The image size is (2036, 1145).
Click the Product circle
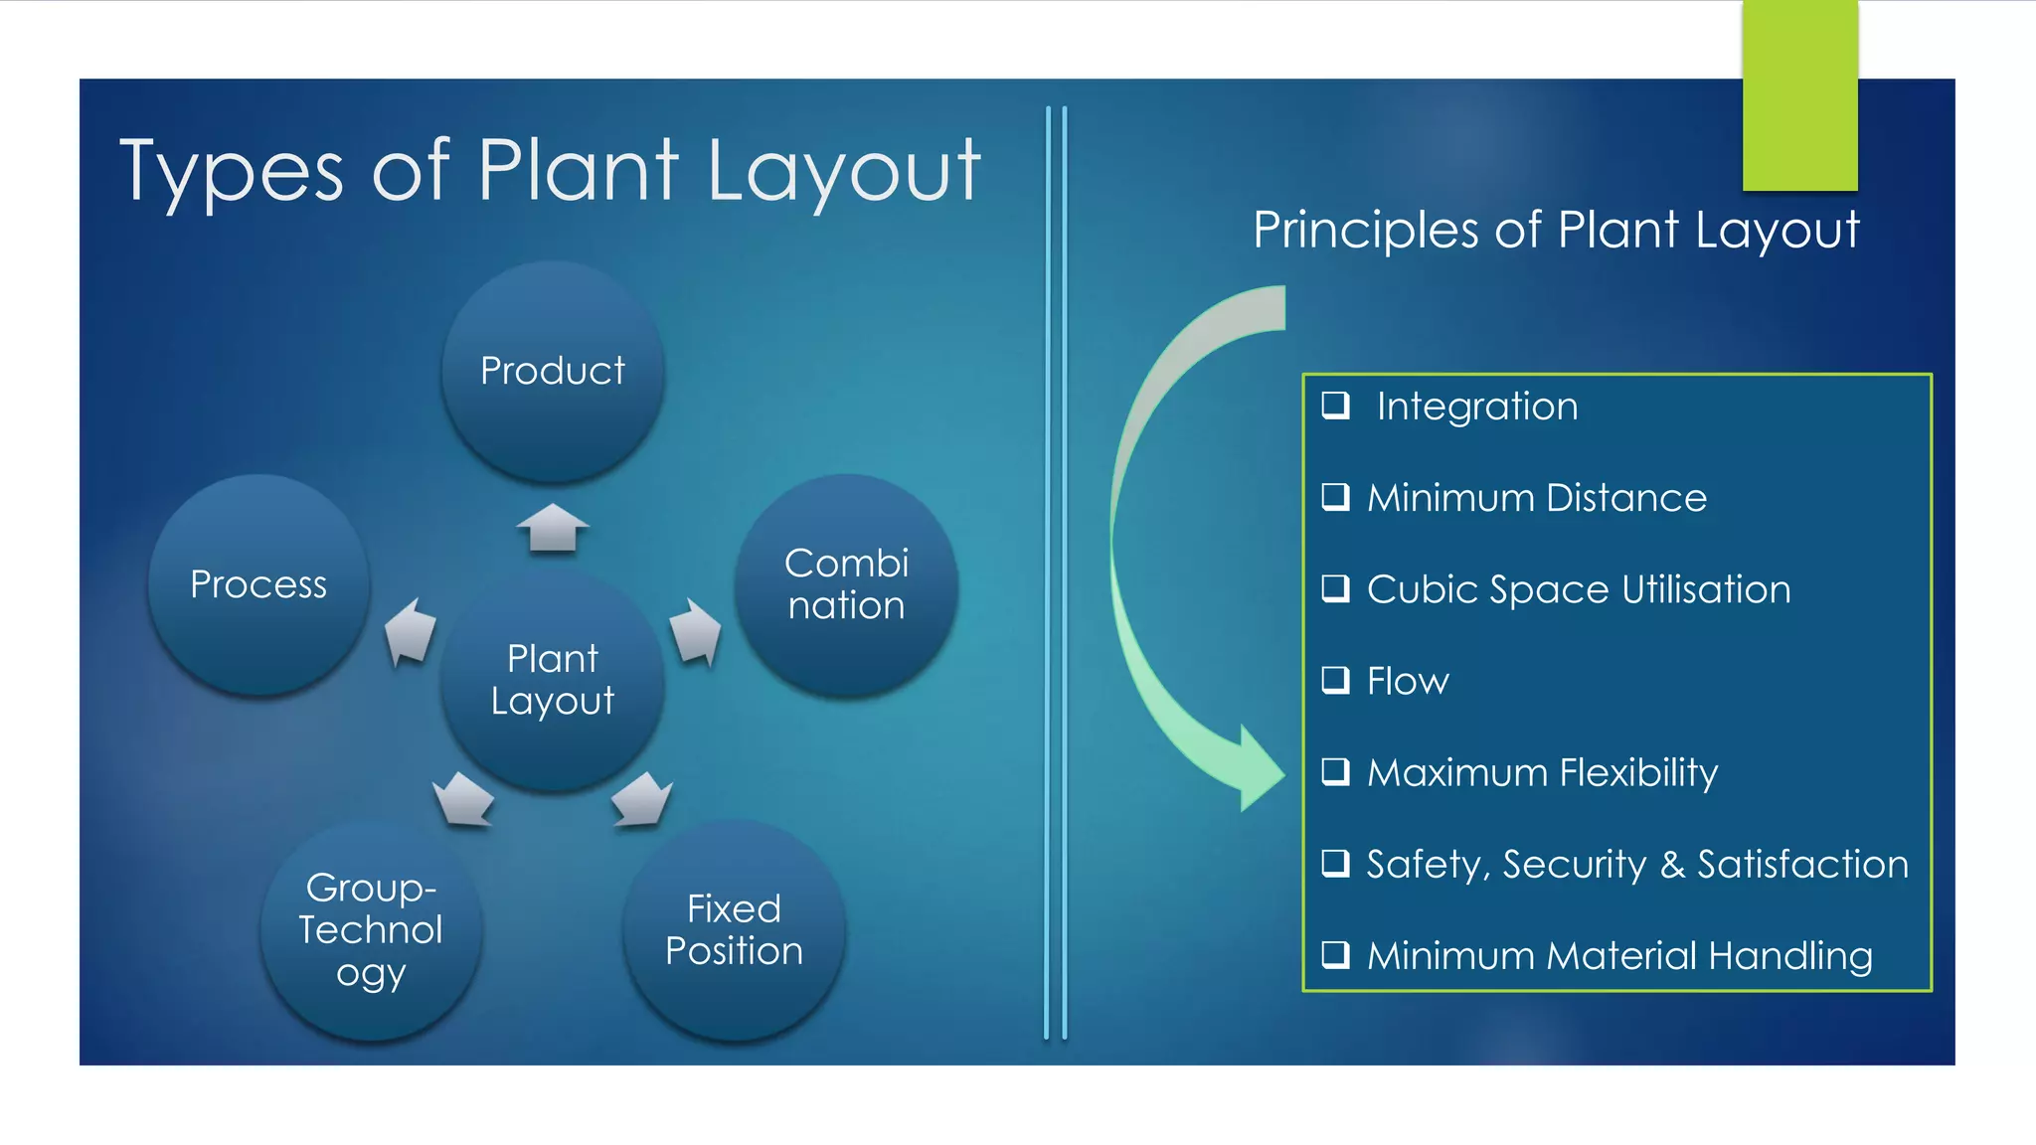(x=553, y=372)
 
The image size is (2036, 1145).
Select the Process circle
(x=258, y=584)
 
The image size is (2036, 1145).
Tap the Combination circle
(x=846, y=584)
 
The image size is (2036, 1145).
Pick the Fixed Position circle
(x=734, y=930)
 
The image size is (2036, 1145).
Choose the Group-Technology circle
(x=371, y=930)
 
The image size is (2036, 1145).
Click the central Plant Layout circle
(x=553, y=680)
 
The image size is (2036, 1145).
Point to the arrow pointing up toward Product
(x=553, y=527)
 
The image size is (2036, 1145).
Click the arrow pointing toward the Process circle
(x=411, y=632)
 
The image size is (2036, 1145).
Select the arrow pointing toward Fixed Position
(x=642, y=799)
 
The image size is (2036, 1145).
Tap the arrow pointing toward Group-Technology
(x=463, y=799)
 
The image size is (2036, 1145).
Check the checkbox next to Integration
(x=1335, y=405)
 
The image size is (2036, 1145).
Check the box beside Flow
(x=1335, y=680)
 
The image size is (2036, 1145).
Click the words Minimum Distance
(x=1536, y=498)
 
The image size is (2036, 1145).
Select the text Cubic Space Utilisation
(x=1578, y=589)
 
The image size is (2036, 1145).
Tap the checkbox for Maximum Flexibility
(x=1335, y=771)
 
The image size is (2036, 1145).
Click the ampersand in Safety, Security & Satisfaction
(x=1672, y=865)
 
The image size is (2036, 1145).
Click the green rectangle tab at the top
(x=1799, y=95)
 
